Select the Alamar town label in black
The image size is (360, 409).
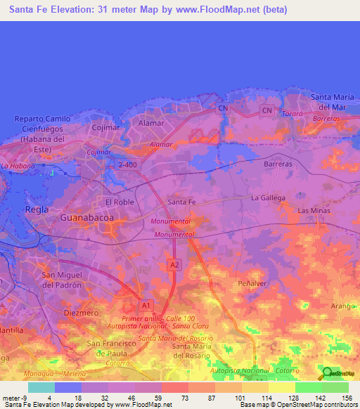(151, 123)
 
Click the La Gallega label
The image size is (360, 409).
(268, 197)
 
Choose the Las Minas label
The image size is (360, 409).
(314, 211)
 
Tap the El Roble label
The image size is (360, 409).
(119, 202)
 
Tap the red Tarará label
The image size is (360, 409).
(290, 113)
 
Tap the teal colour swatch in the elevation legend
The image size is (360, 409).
(41, 387)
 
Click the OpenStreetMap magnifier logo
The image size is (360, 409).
(326, 373)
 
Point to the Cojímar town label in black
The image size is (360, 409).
(108, 127)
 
